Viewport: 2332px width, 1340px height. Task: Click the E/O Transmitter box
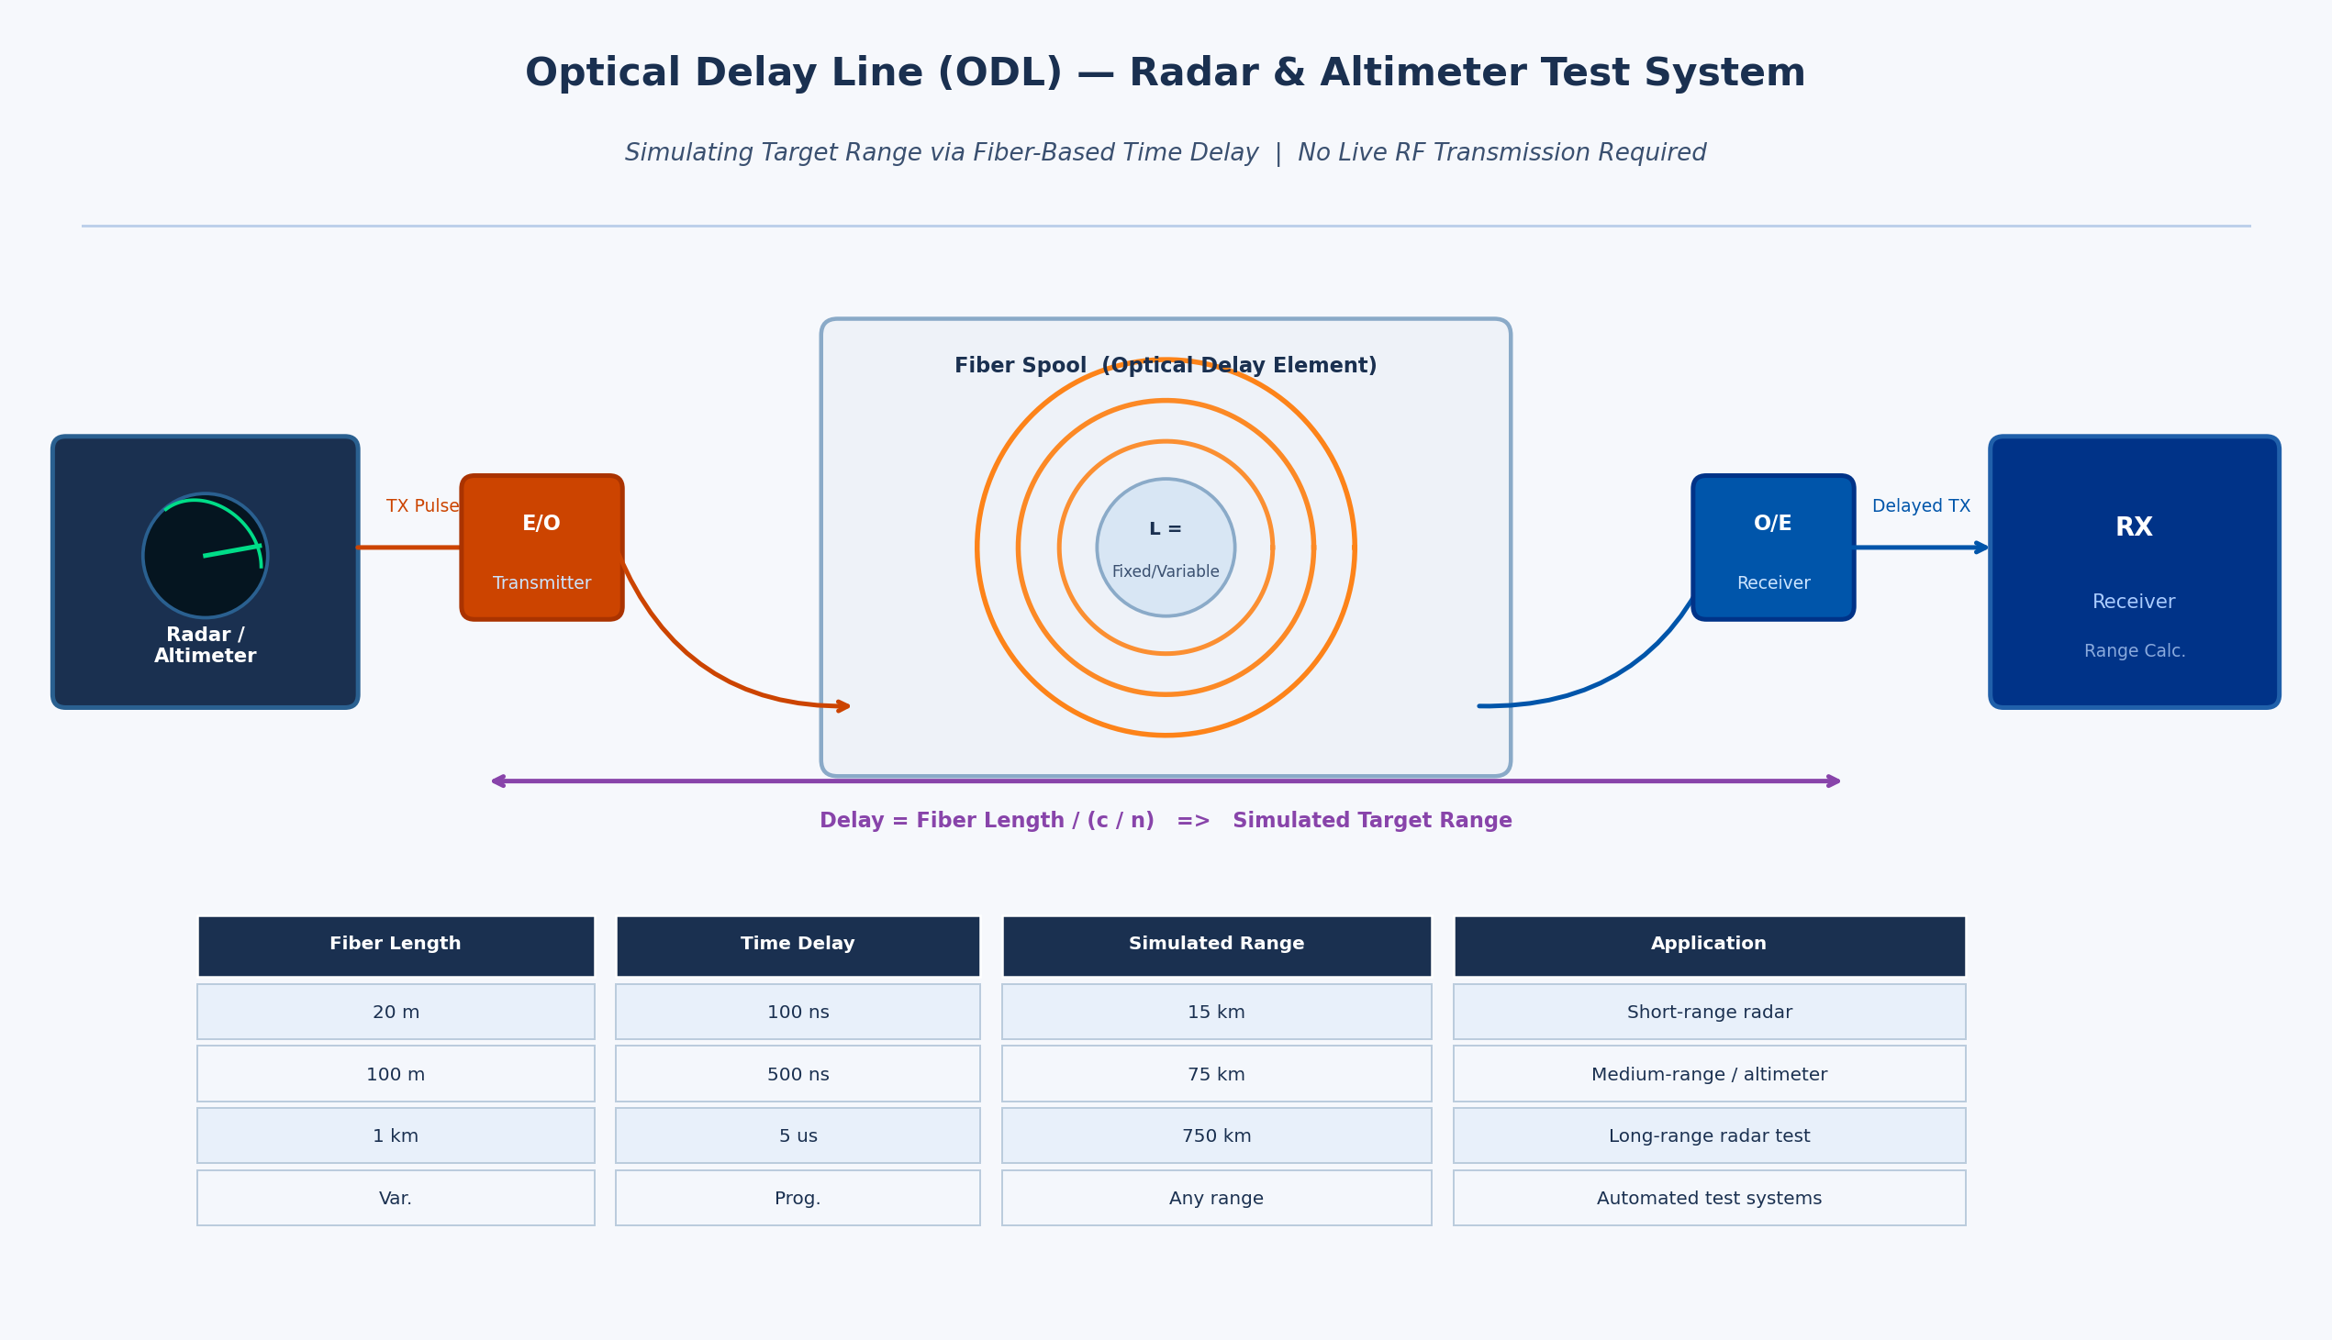[541, 548]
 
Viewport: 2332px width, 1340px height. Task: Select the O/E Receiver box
[1772, 548]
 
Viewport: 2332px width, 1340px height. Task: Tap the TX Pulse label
[421, 506]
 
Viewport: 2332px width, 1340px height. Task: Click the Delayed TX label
[1921, 506]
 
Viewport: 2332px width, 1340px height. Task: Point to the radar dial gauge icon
[205, 555]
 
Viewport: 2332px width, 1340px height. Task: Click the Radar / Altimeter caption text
[205, 645]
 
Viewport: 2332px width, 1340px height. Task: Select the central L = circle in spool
[1165, 547]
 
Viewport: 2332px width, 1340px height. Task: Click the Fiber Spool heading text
[1165, 365]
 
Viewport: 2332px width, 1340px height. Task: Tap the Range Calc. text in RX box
[2134, 650]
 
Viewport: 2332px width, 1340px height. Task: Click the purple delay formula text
[1165, 820]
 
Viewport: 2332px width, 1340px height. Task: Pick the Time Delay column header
[798, 944]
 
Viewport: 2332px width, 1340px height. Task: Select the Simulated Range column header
[1215, 944]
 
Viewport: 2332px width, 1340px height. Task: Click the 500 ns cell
[798, 1074]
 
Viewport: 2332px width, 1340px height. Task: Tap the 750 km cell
[1215, 1135]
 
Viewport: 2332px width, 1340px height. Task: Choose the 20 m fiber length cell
[395, 1013]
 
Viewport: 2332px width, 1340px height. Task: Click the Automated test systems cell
[1709, 1198]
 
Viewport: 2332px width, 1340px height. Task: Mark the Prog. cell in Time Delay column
[798, 1198]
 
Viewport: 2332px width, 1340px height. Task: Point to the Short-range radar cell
[1709, 1013]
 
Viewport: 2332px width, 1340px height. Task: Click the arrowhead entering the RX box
[1981, 548]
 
